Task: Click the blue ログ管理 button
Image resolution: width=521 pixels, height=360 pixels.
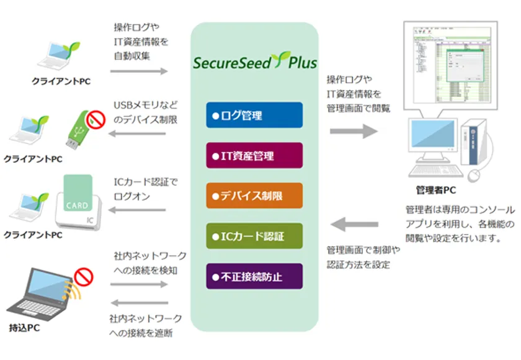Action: coord(254,115)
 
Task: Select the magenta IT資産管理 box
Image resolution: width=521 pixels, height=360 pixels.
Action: coord(254,155)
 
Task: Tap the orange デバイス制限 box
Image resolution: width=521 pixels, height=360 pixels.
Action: coord(254,196)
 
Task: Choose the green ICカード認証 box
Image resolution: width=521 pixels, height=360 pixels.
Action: coord(254,236)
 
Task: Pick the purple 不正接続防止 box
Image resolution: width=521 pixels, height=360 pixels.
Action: coord(254,276)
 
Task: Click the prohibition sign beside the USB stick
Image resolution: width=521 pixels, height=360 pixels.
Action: coord(95,117)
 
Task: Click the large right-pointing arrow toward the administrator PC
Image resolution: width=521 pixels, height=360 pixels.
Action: coord(354,131)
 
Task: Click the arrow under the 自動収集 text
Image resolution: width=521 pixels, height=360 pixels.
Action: coord(139,72)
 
